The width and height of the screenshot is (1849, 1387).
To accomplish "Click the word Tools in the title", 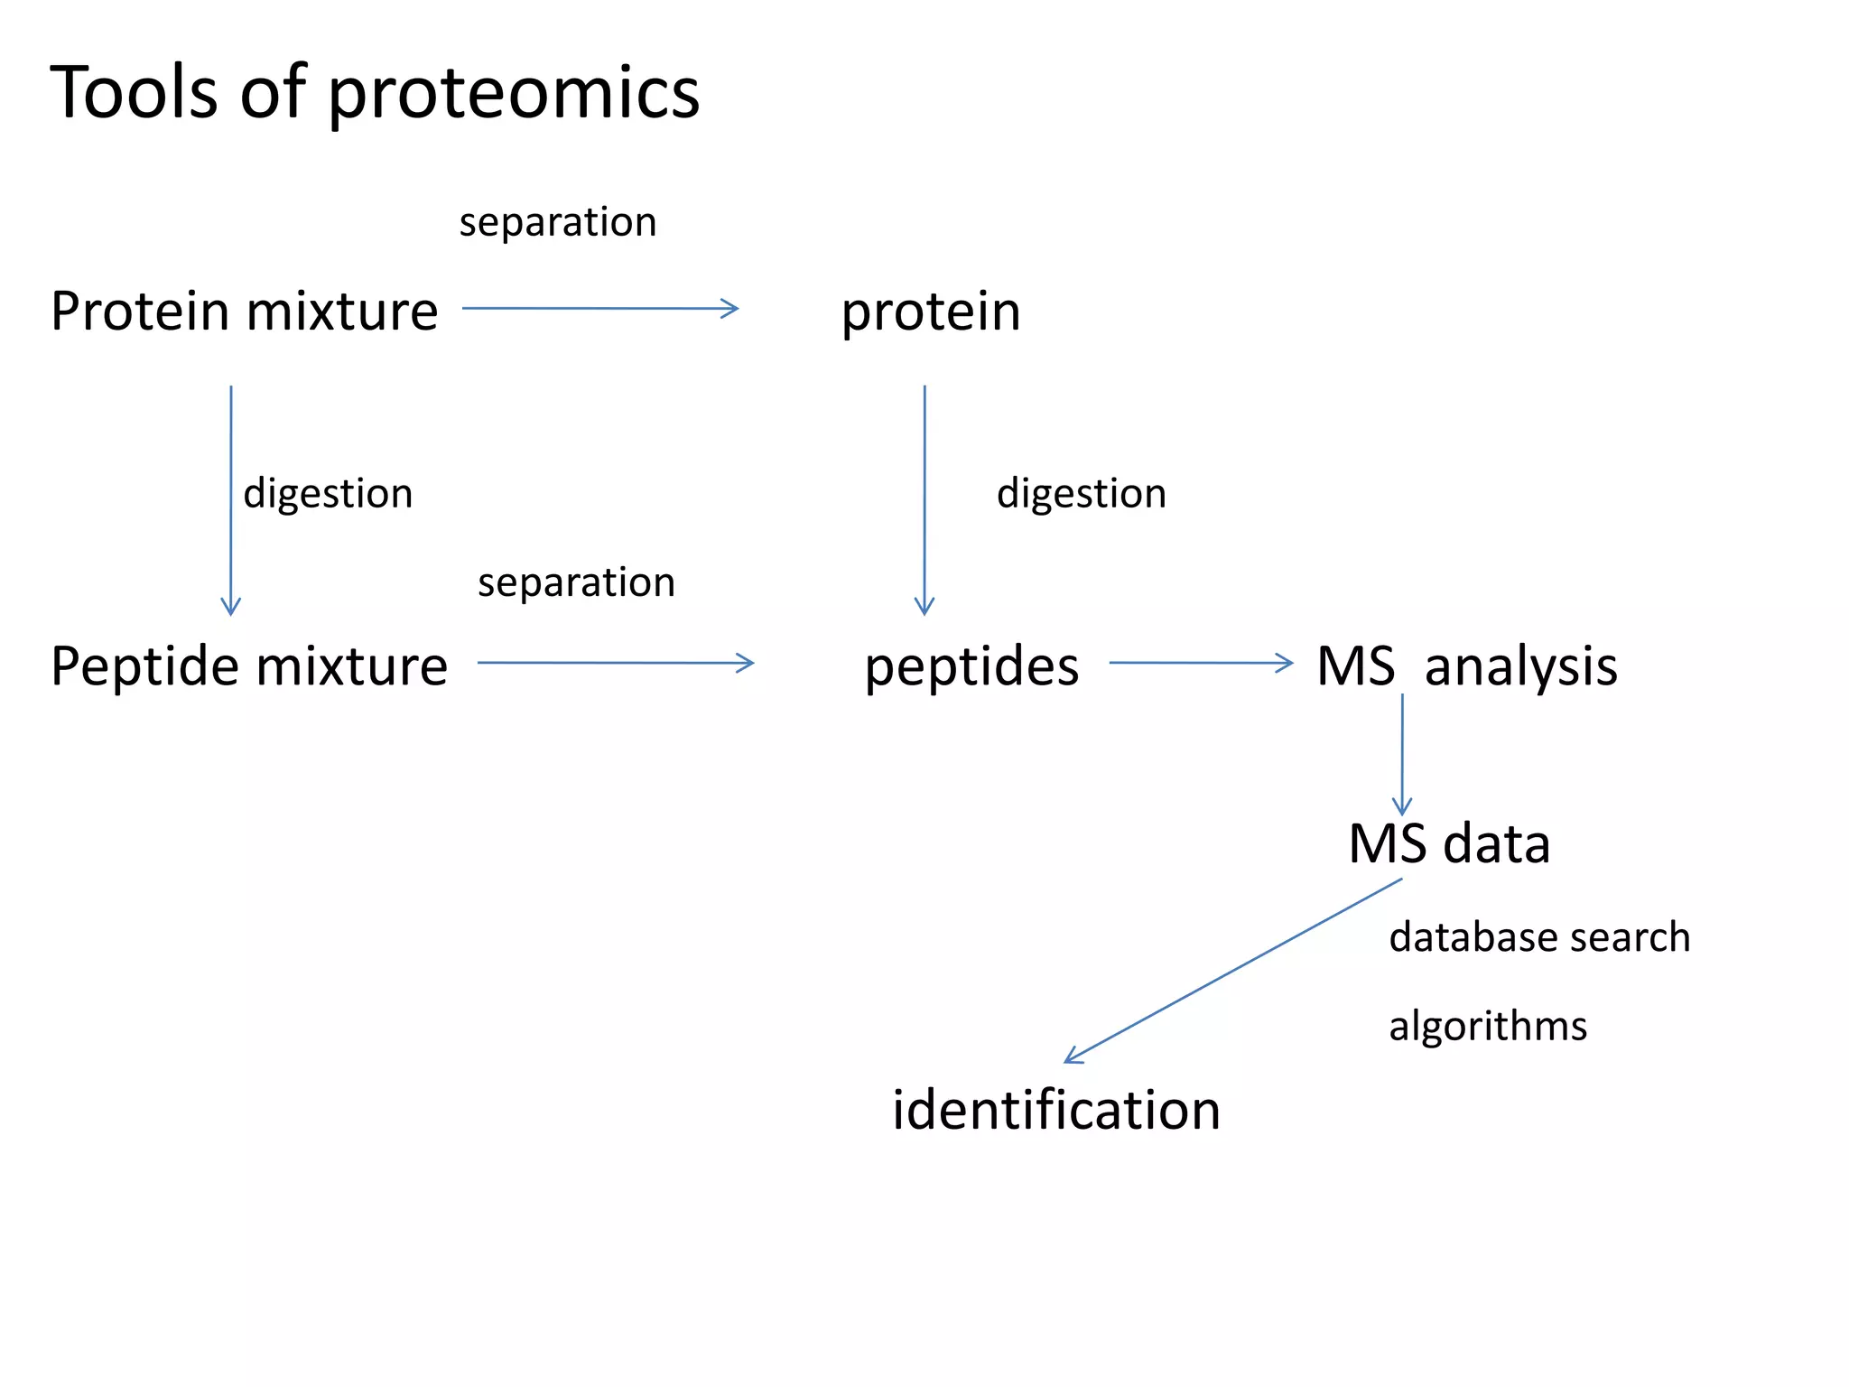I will click(x=134, y=92).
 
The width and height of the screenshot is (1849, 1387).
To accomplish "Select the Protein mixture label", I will click(x=244, y=312).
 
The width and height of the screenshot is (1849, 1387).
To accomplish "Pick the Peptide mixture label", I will click(x=248, y=666).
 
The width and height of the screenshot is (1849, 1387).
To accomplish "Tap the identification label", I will click(x=1055, y=1110).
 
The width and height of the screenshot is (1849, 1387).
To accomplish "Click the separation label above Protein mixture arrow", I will click(x=557, y=223).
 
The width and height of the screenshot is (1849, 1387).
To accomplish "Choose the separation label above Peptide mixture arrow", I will click(x=576, y=583).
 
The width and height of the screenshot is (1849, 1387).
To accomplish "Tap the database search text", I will click(x=1538, y=937).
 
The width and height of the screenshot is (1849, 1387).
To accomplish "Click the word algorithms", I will click(x=1487, y=1027).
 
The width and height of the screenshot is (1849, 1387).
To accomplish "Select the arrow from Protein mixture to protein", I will click(x=599, y=309).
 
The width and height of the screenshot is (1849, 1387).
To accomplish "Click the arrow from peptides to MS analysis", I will click(x=1200, y=663).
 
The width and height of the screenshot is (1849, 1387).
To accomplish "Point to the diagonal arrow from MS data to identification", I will click(x=1232, y=971).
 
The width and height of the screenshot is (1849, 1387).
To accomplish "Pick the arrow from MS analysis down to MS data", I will click(x=1401, y=754).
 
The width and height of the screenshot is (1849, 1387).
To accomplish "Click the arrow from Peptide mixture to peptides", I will click(x=615, y=663).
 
